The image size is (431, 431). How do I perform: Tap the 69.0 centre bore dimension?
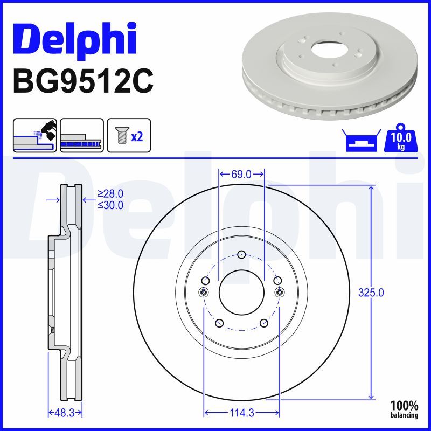point(241,174)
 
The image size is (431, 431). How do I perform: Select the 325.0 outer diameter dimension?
point(371,293)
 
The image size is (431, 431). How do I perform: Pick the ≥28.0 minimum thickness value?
point(110,194)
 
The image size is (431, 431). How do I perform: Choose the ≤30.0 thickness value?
point(110,205)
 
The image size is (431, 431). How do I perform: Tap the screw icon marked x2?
point(129,135)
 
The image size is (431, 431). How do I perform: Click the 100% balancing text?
point(404,409)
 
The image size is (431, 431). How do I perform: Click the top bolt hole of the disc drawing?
point(241,255)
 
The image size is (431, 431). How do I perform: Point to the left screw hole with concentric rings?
point(203,292)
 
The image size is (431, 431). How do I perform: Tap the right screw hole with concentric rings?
point(280,292)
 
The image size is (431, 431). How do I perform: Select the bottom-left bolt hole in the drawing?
point(219,323)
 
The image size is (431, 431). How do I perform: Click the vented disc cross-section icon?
point(82,135)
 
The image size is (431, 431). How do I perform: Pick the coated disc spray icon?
point(34,135)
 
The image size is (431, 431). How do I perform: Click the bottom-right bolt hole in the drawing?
point(263,323)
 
